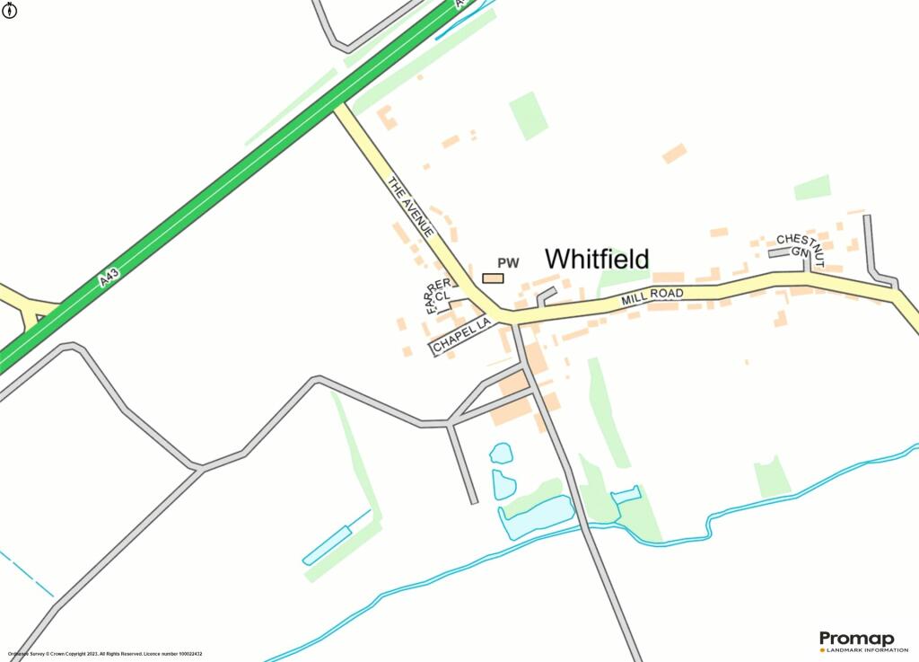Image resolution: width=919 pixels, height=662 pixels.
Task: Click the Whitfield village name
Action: point(597,259)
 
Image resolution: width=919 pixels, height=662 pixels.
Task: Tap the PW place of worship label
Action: point(508,263)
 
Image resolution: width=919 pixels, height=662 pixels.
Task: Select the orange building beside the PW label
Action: point(493,278)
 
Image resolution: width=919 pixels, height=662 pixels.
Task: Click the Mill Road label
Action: point(652,297)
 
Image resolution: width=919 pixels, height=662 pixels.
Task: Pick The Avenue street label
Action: point(411,207)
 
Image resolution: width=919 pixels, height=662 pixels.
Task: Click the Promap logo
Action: point(856,639)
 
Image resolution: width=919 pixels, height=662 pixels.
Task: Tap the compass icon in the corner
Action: point(11,11)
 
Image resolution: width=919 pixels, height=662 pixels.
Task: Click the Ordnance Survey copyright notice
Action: point(105,654)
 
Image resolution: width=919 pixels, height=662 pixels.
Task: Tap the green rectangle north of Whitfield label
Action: point(529,116)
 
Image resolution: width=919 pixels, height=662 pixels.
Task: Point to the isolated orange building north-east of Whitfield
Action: point(674,154)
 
